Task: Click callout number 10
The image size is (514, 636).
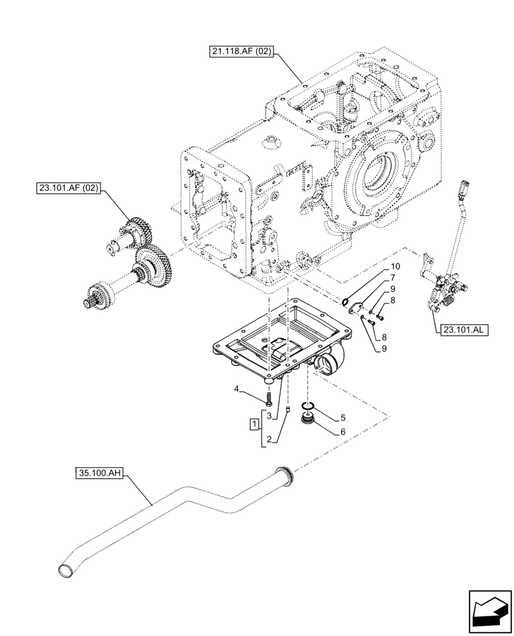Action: pyautogui.click(x=394, y=266)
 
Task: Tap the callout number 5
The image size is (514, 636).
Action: pyautogui.click(x=343, y=418)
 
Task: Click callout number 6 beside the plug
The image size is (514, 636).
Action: pyautogui.click(x=343, y=432)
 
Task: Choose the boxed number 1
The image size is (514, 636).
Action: pyautogui.click(x=254, y=424)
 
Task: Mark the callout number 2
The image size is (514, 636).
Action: pyautogui.click(x=269, y=439)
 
